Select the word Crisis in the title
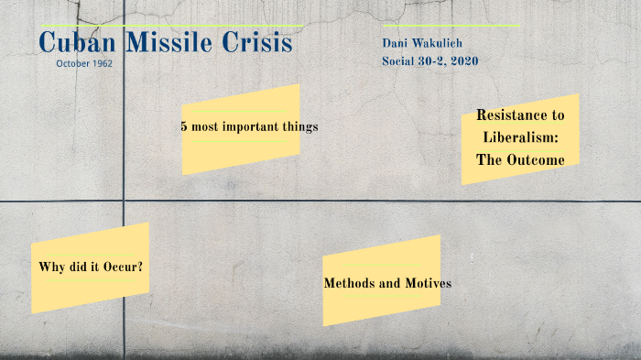(x=258, y=43)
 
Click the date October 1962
(x=84, y=64)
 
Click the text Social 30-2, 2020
(x=429, y=61)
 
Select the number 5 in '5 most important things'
(x=184, y=126)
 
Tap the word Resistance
(x=520, y=115)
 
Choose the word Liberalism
(x=520, y=136)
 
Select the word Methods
(x=351, y=283)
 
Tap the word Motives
(x=427, y=283)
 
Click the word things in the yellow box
(x=302, y=126)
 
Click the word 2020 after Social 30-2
(x=462, y=61)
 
